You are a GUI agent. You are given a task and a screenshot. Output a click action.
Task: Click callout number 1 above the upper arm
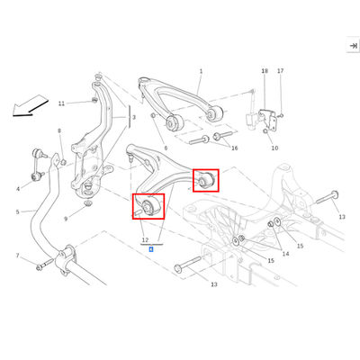[201, 71]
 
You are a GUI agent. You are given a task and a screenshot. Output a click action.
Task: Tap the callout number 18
[265, 71]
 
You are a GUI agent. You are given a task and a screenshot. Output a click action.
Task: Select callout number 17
[281, 71]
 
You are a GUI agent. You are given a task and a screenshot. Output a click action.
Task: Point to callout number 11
[61, 103]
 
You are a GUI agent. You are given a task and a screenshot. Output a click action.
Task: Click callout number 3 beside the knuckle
[134, 118]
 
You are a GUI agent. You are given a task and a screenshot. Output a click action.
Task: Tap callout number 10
[274, 148]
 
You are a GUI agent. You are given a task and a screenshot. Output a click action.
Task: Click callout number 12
[145, 240]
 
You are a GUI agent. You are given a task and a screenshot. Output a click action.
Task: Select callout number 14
[285, 254]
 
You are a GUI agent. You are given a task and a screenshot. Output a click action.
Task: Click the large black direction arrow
[30, 105]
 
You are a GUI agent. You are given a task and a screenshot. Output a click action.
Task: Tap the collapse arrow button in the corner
[354, 46]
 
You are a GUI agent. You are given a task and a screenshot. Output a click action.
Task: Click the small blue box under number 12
[151, 249]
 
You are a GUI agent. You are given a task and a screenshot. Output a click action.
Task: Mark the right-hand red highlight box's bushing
[206, 181]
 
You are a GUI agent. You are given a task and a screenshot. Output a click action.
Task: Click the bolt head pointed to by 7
[39, 267]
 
